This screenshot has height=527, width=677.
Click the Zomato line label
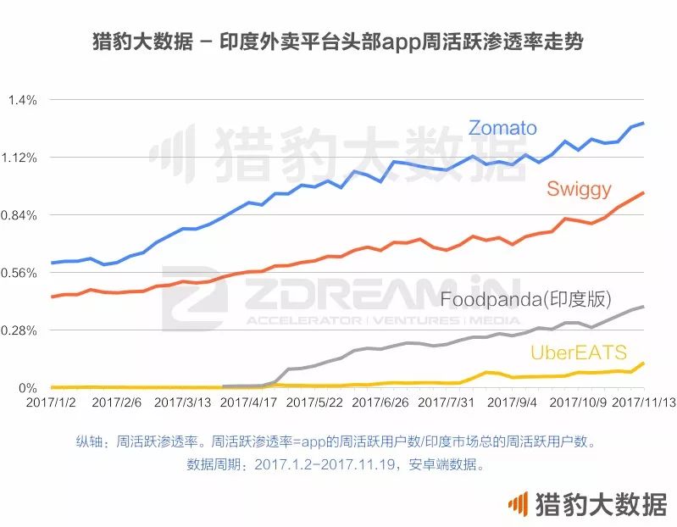pyautogui.click(x=502, y=128)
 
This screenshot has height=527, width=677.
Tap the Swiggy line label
pyautogui.click(x=579, y=188)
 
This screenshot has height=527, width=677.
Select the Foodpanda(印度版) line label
pyautogui.click(x=525, y=299)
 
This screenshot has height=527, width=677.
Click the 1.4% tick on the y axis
pyautogui.click(x=22, y=101)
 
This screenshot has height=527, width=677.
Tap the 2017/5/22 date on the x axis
pyautogui.click(x=314, y=403)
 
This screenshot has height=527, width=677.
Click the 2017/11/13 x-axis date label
pyautogui.click(x=644, y=403)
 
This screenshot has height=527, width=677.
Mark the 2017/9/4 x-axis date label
pyautogui.click(x=513, y=403)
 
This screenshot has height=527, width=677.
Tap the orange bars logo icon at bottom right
pyautogui.click(x=517, y=505)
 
